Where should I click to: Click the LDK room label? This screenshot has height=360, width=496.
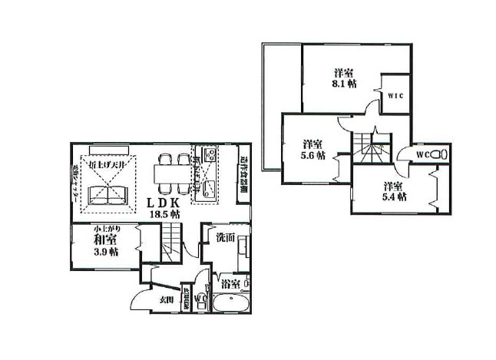coord(164,203)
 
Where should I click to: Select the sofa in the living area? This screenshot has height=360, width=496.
coord(107,198)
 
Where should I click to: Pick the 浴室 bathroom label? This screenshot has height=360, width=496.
coord(229,284)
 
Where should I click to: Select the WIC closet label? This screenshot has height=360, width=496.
coord(395,96)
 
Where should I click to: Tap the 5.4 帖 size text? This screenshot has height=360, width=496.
coord(395,197)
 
